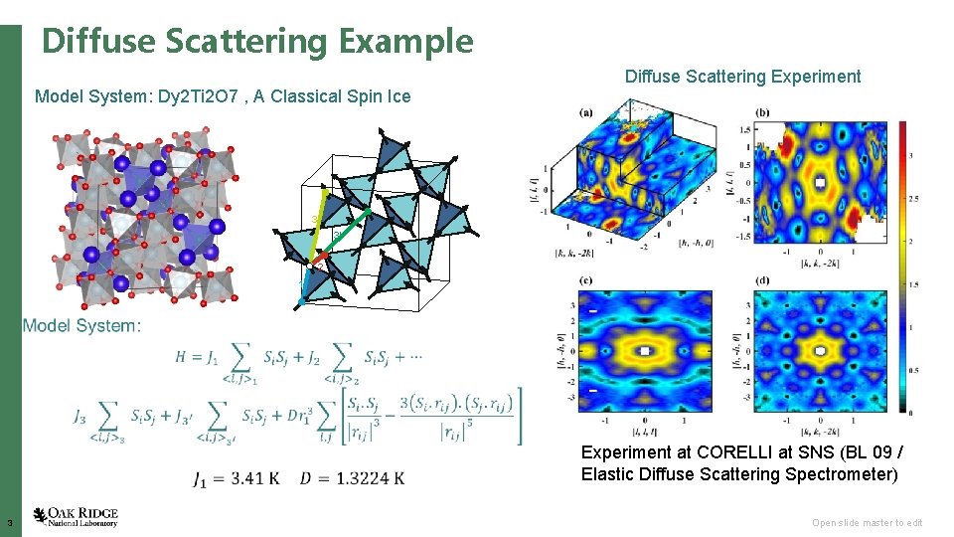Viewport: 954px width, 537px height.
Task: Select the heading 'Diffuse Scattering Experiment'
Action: click(x=742, y=77)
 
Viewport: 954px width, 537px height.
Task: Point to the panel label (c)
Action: click(x=586, y=280)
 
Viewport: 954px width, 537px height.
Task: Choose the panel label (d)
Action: click(x=761, y=280)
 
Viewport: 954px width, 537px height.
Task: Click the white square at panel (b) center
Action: click(x=820, y=185)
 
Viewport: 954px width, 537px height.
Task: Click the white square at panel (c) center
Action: click(x=646, y=351)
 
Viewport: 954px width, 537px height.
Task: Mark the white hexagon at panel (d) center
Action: click(x=820, y=351)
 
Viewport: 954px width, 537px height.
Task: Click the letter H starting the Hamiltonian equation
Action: click(x=181, y=356)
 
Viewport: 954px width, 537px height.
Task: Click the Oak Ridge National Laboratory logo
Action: click(x=76, y=516)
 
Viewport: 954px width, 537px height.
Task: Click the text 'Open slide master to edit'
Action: click(x=867, y=523)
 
